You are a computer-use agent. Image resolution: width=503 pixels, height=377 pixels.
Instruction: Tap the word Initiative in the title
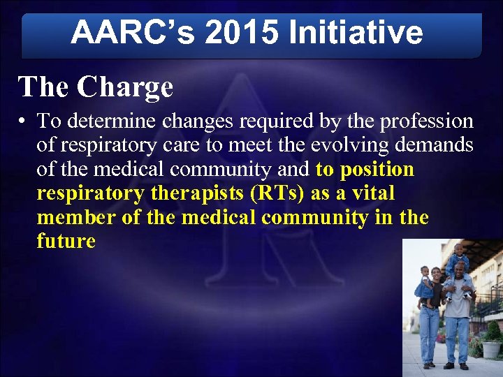coord(356,32)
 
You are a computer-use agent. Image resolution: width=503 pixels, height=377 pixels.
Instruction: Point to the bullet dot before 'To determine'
coord(23,121)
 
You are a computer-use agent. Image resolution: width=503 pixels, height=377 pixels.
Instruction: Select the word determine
coord(110,121)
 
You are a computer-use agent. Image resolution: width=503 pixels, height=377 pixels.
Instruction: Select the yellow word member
coord(76,217)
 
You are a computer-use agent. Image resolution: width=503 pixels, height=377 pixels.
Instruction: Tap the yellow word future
coord(66,242)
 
